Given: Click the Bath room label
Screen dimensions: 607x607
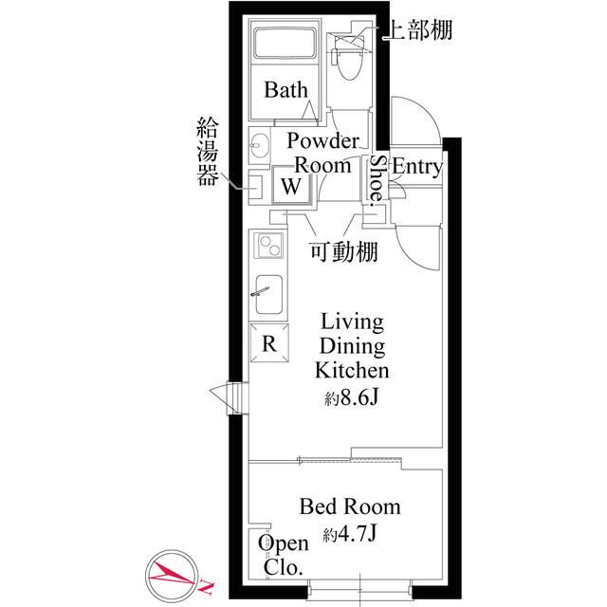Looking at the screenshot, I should [285, 91].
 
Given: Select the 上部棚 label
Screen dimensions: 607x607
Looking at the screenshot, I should [416, 29].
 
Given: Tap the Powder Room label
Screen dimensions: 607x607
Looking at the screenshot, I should [323, 152].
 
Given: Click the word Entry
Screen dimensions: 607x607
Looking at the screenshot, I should [416, 168].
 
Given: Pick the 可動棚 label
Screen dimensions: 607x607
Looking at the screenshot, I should [345, 252].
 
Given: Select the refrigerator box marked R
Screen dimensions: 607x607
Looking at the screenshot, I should [269, 342].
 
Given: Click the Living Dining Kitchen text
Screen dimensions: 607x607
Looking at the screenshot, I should [352, 345].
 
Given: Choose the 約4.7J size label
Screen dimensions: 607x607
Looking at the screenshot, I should [350, 534].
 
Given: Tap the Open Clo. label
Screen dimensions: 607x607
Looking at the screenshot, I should [284, 556].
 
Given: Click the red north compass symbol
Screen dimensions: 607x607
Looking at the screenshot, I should [178, 574].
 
